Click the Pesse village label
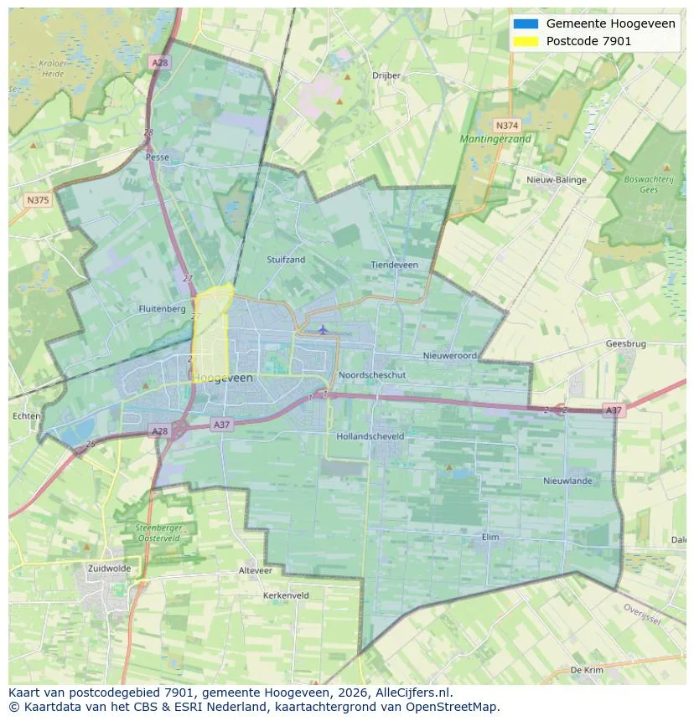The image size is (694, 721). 157,157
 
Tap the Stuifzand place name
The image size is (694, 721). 286,260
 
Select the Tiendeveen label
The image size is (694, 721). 394,265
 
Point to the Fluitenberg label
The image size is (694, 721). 162,308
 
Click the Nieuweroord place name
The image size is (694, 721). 449,356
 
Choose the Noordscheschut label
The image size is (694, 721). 372,375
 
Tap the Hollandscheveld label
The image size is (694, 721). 370,436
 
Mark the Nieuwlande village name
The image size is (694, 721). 567,481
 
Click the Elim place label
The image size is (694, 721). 490,537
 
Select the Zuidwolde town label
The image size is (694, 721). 109,568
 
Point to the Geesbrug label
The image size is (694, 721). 625,343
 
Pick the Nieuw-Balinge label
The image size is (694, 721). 557,180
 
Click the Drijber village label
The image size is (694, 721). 386,75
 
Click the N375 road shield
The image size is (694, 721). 38,200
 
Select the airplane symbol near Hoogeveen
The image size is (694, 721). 323,329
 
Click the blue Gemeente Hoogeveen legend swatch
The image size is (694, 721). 526,23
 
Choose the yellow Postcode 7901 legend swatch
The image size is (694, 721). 526,41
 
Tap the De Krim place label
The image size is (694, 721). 587,671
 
